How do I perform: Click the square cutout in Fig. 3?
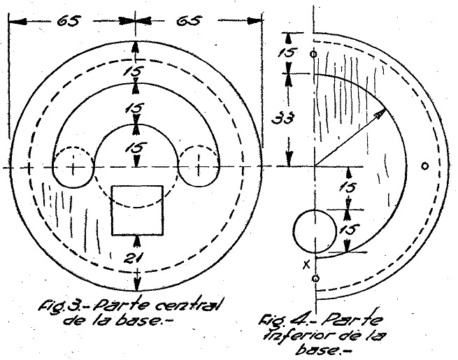138,210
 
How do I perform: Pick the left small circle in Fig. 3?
73,168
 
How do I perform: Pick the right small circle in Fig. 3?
199,168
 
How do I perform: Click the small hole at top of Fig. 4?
313,53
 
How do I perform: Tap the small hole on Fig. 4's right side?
424,166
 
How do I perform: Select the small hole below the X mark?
315,279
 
